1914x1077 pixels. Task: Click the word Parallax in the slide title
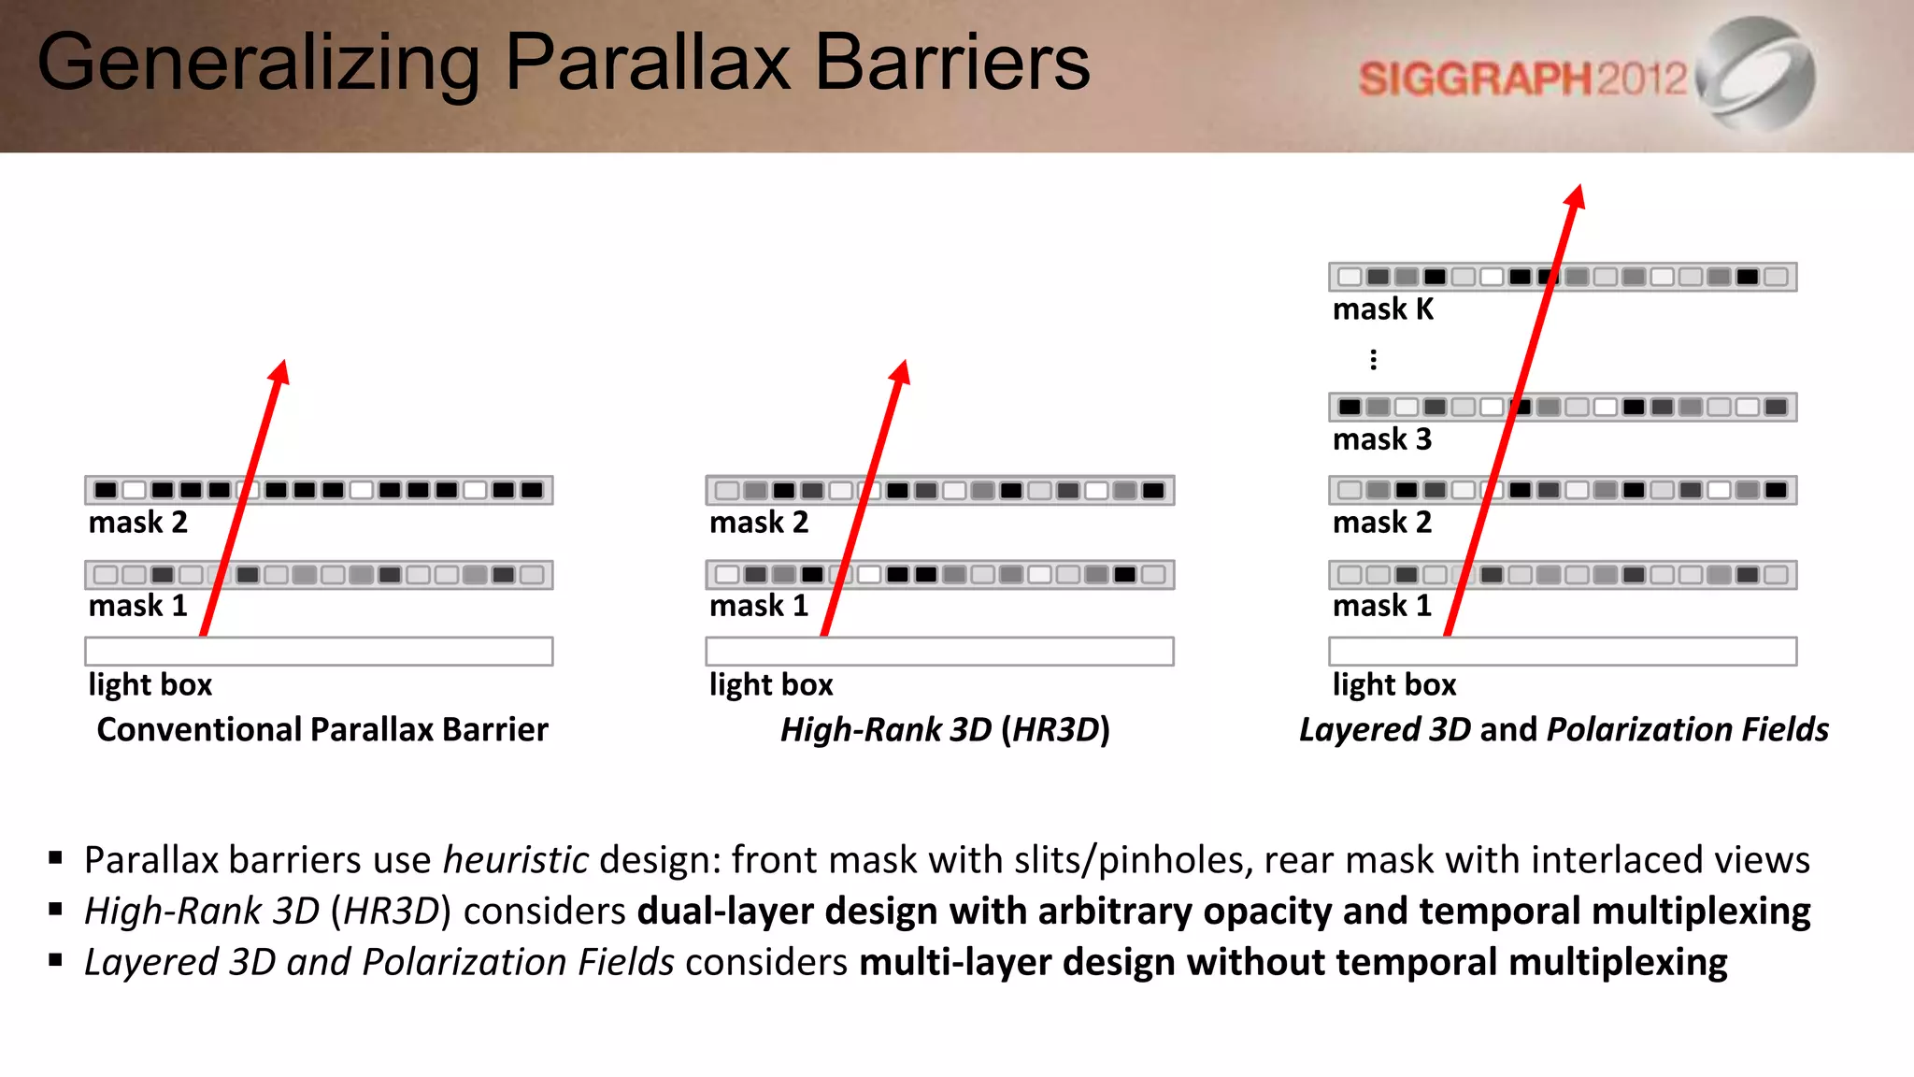click(648, 64)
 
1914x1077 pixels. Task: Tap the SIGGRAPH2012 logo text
click(1522, 79)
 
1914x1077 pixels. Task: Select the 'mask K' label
click(1382, 309)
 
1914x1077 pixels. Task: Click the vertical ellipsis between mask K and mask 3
click(1373, 360)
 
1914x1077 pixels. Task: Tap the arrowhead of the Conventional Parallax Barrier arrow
click(279, 371)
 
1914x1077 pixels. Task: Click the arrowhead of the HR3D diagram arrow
click(901, 371)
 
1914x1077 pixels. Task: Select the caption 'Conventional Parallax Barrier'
click(322, 729)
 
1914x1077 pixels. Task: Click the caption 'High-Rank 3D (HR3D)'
click(945, 729)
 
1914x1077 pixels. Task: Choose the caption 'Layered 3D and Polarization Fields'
click(1564, 729)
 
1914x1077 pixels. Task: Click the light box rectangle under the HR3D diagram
click(939, 651)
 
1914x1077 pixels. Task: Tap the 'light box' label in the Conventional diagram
click(150, 684)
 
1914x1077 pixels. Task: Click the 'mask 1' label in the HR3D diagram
click(759, 606)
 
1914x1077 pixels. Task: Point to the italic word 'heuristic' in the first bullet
click(515, 860)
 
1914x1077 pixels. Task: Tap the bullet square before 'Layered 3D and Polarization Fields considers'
click(56, 959)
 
